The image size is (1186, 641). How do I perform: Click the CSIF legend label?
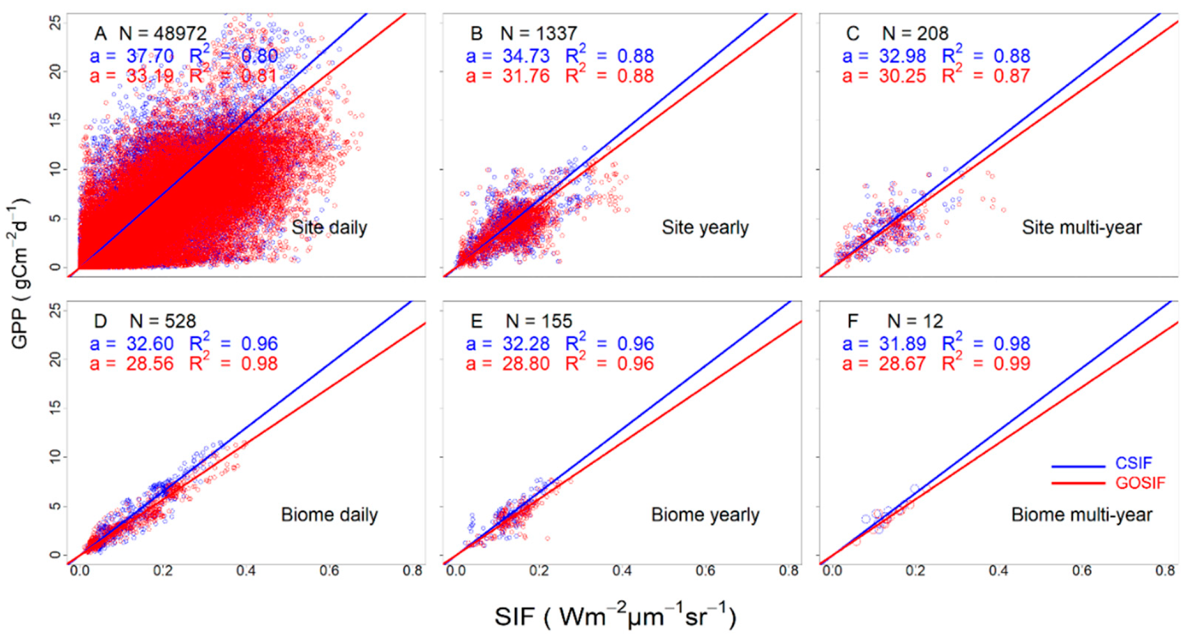[x=1133, y=463]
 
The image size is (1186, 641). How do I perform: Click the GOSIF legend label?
[x=1140, y=482]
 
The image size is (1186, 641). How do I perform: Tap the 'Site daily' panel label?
[x=329, y=228]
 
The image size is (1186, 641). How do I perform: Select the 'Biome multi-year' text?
[x=1081, y=515]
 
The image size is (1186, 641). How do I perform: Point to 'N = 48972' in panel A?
[x=163, y=33]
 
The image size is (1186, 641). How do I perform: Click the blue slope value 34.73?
[x=526, y=56]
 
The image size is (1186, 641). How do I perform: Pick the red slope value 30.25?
[x=902, y=76]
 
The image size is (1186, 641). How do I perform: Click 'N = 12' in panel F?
[x=915, y=321]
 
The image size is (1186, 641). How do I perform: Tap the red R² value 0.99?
[x=1011, y=364]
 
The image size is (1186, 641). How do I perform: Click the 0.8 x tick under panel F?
[x=1165, y=570]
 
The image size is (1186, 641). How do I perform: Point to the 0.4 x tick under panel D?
[x=246, y=570]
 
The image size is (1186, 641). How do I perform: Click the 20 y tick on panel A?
[x=55, y=72]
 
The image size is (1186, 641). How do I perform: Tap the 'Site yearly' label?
[x=705, y=228]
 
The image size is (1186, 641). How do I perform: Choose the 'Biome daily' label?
[x=329, y=515]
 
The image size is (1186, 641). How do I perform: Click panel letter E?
[x=476, y=321]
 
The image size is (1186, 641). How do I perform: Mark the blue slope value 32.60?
[x=149, y=344]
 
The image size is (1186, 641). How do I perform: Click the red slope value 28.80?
[x=526, y=364]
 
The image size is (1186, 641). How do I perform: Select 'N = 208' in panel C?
[x=915, y=33]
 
